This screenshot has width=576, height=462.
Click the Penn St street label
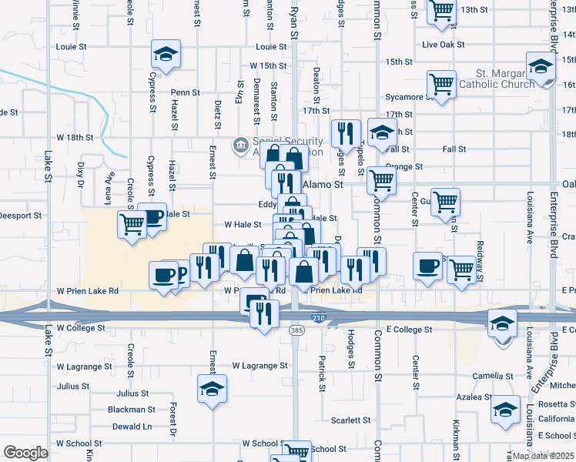tap(186, 92)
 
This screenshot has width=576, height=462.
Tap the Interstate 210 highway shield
tap(318, 317)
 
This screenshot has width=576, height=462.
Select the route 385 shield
tap(296, 330)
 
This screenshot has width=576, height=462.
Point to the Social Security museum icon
tap(239, 144)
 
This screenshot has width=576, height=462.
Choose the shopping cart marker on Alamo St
tap(381, 181)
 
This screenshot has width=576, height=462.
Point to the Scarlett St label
tap(351, 420)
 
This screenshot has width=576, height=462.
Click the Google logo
tap(25, 453)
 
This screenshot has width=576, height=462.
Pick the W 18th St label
tap(75, 137)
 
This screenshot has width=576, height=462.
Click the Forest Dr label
tap(174, 414)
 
